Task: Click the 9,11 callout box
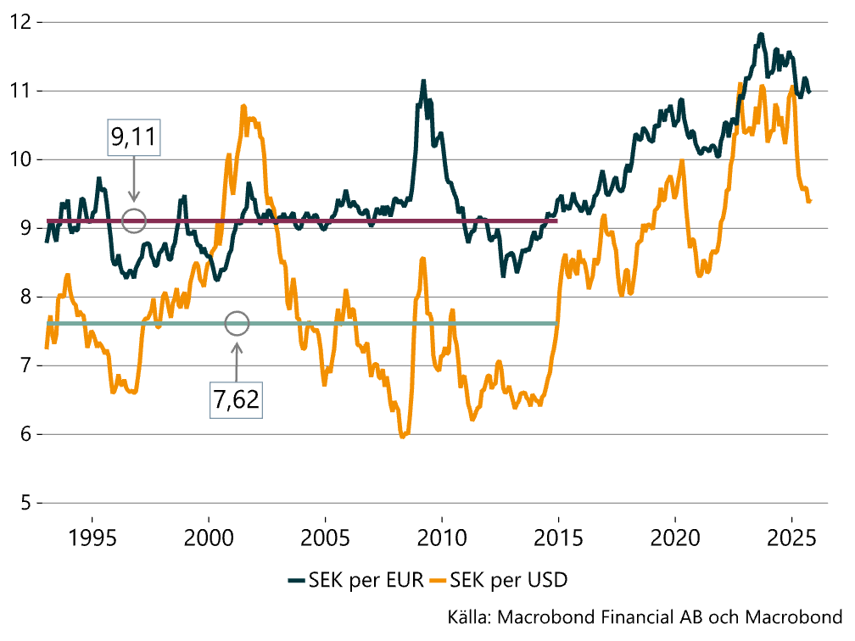[134, 135]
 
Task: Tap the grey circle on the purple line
[134, 220]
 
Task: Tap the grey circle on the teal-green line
[237, 323]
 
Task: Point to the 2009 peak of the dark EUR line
[422, 81]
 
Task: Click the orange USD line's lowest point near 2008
[403, 437]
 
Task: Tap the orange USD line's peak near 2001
[244, 106]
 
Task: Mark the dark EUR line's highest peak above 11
[761, 34]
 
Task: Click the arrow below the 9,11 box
[134, 181]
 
